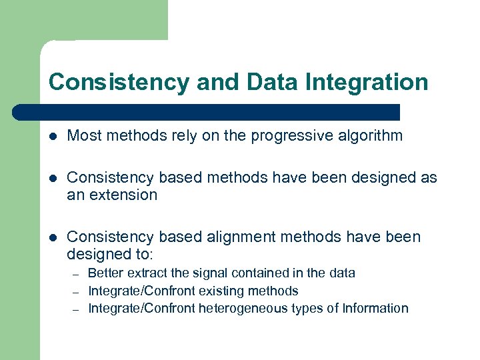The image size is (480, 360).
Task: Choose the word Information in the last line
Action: click(375, 308)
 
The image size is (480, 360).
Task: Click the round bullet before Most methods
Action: click(54, 137)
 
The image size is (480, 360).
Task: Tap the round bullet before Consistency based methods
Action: click(54, 178)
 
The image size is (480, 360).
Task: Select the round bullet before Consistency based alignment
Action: click(54, 237)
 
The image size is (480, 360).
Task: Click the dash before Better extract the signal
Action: click(76, 274)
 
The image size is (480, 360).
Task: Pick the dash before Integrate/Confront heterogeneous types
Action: click(76, 309)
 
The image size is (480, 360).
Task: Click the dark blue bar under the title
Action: click(207, 111)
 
